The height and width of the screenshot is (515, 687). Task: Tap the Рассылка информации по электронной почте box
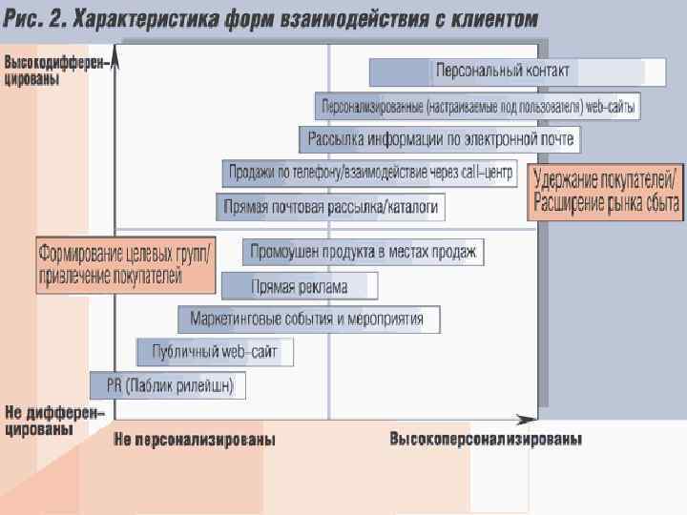pyautogui.click(x=440, y=140)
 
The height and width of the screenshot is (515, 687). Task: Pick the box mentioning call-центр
pyautogui.click(x=370, y=174)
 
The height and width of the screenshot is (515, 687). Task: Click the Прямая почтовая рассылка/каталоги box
pyautogui.click(x=330, y=206)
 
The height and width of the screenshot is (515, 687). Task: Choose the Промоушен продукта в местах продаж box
pyautogui.click(x=363, y=253)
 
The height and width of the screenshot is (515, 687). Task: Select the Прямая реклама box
pyautogui.click(x=300, y=286)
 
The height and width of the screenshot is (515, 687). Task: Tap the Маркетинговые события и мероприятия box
pyautogui.click(x=308, y=319)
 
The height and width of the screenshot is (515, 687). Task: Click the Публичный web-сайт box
pyautogui.click(x=215, y=352)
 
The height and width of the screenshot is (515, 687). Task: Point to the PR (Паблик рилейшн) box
pyautogui.click(x=168, y=385)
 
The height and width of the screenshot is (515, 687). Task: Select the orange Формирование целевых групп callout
pyautogui.click(x=124, y=265)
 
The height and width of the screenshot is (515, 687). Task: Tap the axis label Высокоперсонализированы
pyautogui.click(x=486, y=440)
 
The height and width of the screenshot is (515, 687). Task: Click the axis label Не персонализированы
pyautogui.click(x=195, y=440)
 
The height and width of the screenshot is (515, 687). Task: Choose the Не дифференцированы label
pyautogui.click(x=52, y=421)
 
